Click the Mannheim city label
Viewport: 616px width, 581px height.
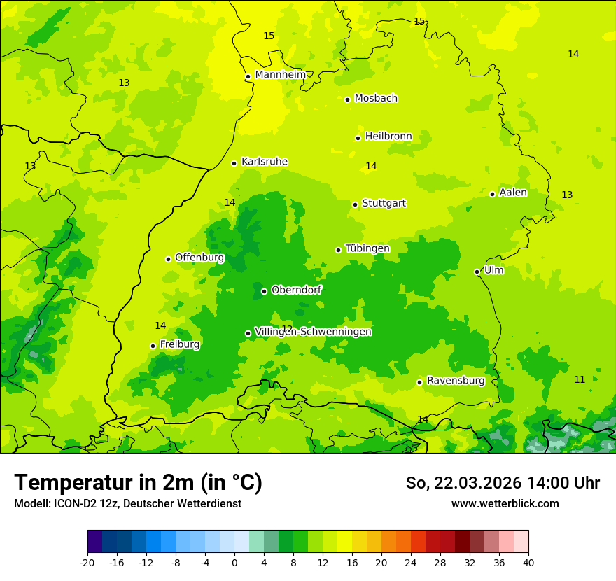coord(281,75)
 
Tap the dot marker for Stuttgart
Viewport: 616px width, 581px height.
coord(356,204)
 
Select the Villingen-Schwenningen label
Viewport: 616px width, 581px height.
coord(313,332)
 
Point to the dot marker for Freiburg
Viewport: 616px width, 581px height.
coord(153,346)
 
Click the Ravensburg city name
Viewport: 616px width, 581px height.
coord(456,381)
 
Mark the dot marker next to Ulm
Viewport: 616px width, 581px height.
coord(477,272)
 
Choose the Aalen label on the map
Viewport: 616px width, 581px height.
coord(513,192)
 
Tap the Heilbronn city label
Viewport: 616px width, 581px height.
coord(388,136)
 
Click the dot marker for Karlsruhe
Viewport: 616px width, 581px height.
coord(234,163)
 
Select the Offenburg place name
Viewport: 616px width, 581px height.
coord(199,258)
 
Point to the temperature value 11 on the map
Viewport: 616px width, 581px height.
coord(580,379)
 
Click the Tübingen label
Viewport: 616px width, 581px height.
coord(367,248)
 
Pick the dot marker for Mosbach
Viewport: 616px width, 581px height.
coord(347,99)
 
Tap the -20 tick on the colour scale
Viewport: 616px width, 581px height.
coord(87,562)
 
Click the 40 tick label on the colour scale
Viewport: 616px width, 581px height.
coord(528,562)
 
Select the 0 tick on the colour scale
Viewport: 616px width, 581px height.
coord(234,562)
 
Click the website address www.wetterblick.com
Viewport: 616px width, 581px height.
coord(505,503)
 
